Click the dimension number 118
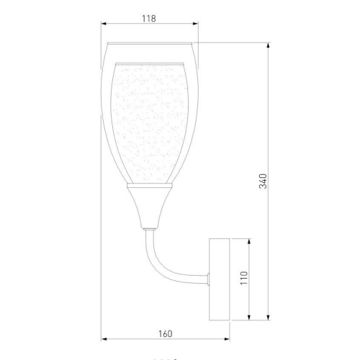click(x=150, y=19)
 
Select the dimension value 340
click(x=263, y=181)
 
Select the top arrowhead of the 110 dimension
click(x=249, y=240)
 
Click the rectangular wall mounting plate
click(x=219, y=279)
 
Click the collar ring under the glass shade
click(x=149, y=186)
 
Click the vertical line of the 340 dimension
click(x=269, y=108)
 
